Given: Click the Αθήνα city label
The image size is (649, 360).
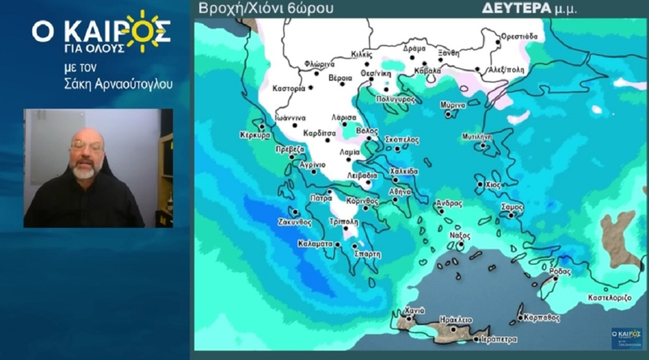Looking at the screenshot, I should click(x=400, y=192).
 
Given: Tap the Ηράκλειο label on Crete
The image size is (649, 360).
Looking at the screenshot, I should click(x=456, y=319).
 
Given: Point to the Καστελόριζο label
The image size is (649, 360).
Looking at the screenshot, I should click(x=609, y=297).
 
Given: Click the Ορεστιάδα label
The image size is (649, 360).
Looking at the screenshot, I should click(x=518, y=35).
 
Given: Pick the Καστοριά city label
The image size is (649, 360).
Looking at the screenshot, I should click(x=289, y=89).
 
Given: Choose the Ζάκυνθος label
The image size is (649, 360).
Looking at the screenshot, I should click(x=294, y=222).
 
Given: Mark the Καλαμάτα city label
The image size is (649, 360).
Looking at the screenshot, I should click(x=315, y=244).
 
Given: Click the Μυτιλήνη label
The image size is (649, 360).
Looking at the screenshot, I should click(x=477, y=136).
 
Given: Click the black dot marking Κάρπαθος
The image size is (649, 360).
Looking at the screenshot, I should click(x=521, y=317).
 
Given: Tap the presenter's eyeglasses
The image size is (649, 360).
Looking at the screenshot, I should click(x=86, y=146).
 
